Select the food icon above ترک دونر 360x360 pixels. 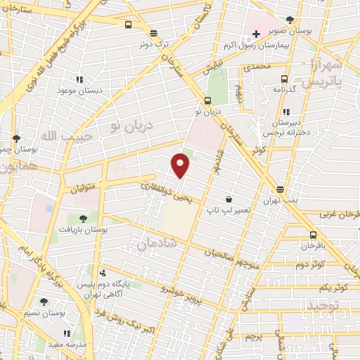coord(153,32)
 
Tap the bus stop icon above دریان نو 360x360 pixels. coord(207,100)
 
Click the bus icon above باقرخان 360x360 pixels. coord(312,235)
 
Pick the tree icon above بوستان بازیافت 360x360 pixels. coord(86,219)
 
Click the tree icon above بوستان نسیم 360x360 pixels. coord(44,301)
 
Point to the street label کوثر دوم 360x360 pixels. coord(309,264)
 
